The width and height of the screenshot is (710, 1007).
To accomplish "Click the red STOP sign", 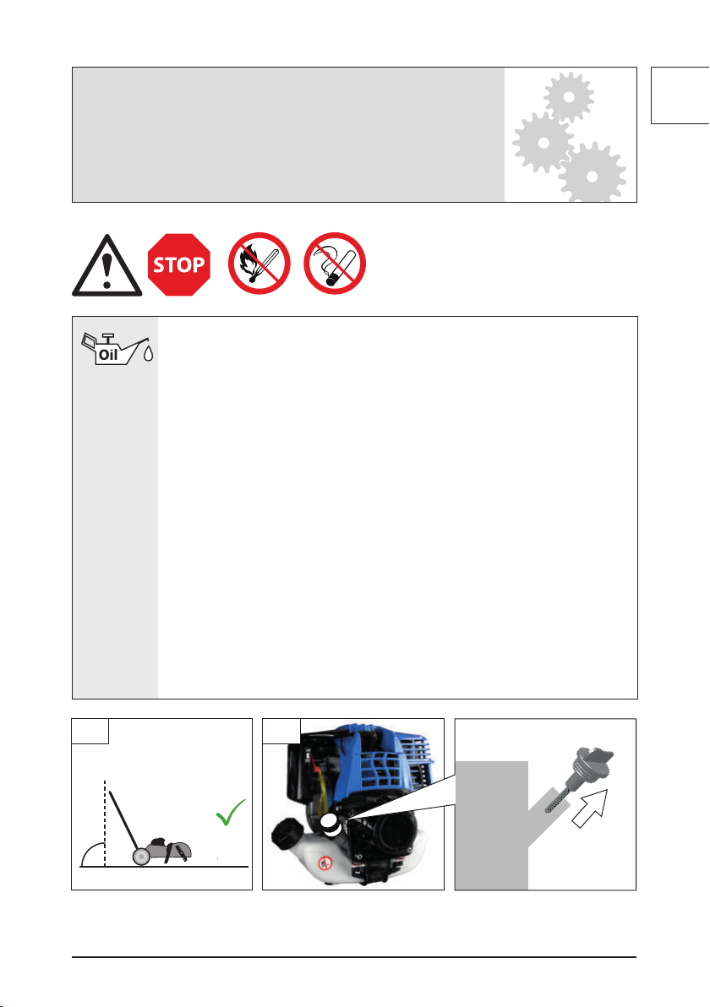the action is pos(178,264).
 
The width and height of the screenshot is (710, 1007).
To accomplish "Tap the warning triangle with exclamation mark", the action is pos(106,266).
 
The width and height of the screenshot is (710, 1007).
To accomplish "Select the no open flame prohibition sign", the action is pos(259,264).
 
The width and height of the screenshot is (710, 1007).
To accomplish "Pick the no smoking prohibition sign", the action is pos(335,264).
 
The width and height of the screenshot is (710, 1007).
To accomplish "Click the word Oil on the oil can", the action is pos(108,355).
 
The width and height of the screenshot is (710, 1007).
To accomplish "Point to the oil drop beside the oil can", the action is pos(149,353).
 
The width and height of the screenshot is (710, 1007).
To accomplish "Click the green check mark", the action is pos(231,812).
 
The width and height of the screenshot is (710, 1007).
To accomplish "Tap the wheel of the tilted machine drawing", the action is pos(140,856).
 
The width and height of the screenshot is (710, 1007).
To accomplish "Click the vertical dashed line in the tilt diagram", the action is pos(105,824).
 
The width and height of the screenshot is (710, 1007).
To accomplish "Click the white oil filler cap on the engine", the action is pos(330,824).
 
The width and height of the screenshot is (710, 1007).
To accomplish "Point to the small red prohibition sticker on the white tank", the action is pos(325,863).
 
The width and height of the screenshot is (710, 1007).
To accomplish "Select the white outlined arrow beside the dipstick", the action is pos(589,808).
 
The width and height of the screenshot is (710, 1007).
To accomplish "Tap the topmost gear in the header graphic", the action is pos(568,97).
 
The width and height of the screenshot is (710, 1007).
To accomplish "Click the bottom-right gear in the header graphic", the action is pos(592,175).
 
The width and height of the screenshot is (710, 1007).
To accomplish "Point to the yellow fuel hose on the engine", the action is pos(323,793).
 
